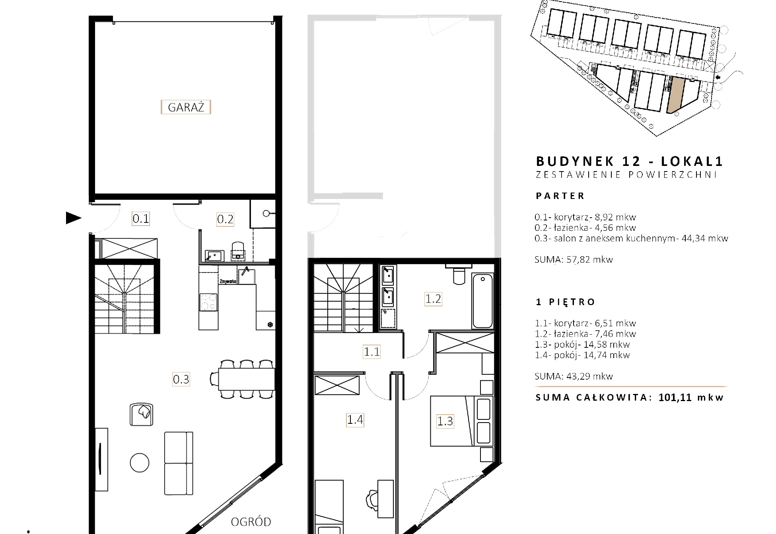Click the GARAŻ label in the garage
[186, 107]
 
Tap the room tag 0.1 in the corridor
[141, 218]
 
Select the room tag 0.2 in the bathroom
[225, 219]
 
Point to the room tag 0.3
[181, 379]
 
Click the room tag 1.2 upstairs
[433, 299]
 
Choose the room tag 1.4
[355, 419]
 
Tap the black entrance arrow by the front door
[74, 218]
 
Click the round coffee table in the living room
[140, 463]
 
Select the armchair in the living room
[142, 414]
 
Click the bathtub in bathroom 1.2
[482, 300]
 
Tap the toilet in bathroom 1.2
[459, 274]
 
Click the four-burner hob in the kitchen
[208, 302]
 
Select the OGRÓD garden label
[251, 522]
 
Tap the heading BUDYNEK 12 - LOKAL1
[629, 161]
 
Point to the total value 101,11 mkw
[691, 397]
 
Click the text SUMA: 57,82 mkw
[574, 259]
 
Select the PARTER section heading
[560, 196]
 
